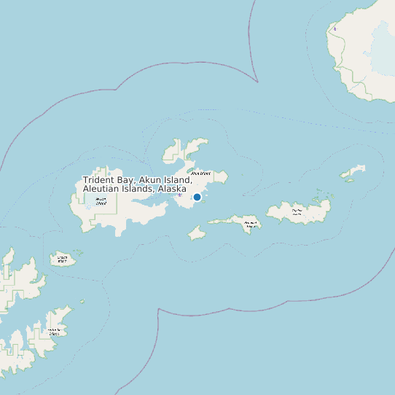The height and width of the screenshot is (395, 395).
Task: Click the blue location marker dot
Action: pos(197,197)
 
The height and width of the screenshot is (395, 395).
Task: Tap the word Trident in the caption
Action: pos(101,180)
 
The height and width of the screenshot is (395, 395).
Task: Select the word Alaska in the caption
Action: pos(171,189)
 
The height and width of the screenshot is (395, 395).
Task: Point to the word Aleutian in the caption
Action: pos(102,189)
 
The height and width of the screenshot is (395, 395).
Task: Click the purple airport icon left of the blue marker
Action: pos(179,195)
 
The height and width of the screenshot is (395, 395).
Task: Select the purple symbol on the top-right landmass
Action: pos(335,29)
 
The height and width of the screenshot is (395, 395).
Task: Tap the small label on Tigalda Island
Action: pos(297,212)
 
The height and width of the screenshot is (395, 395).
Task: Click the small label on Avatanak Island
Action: pos(251,224)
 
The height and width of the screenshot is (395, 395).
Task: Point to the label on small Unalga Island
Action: pos(63,258)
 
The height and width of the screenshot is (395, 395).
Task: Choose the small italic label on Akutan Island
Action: pos(101,202)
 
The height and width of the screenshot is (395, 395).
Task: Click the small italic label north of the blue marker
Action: pos(201,173)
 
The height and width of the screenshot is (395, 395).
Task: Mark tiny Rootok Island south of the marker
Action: pos(196,232)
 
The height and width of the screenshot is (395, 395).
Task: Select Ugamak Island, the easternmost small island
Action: pos(353,173)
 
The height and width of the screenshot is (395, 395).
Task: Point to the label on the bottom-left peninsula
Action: pos(53,331)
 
